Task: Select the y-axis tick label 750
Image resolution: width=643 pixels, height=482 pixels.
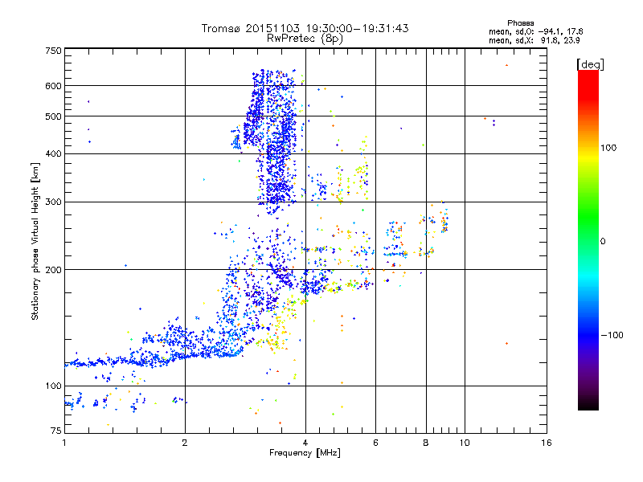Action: (x=53, y=51)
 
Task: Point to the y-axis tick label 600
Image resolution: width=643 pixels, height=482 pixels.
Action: (x=53, y=86)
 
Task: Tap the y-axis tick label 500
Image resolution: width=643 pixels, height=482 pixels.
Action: (x=53, y=116)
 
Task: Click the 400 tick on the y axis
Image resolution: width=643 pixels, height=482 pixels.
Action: (x=53, y=153)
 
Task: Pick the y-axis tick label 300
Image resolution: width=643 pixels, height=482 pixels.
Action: (x=53, y=202)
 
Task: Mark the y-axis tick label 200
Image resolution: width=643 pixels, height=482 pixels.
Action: (x=53, y=270)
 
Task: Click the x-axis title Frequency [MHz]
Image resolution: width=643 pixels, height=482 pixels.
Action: (x=305, y=454)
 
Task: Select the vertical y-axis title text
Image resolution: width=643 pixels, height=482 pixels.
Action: (x=35, y=242)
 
